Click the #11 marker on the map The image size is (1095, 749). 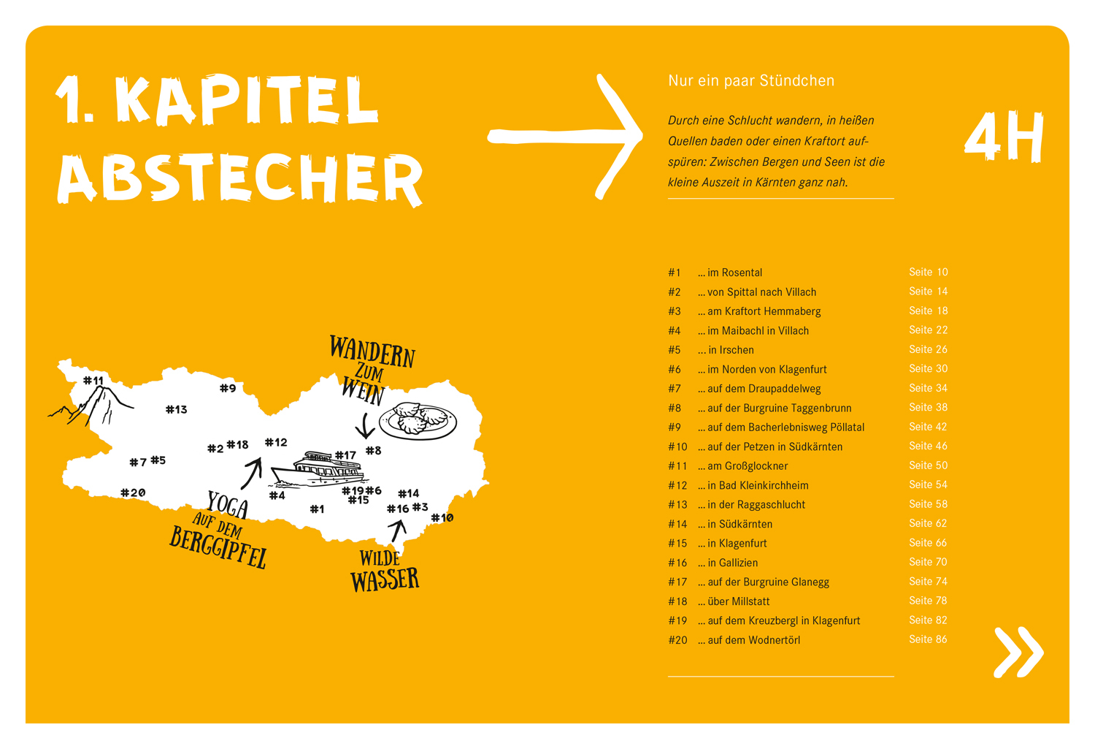tap(93, 380)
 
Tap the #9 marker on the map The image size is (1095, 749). tap(228, 388)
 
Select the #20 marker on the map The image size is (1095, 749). tap(133, 493)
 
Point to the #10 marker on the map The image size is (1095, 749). tap(442, 517)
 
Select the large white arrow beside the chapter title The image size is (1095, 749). tap(565, 137)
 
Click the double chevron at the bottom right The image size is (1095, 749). tap(1019, 652)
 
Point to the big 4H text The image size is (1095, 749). tap(1004, 137)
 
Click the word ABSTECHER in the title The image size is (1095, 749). tap(239, 178)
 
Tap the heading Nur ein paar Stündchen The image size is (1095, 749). tap(751, 80)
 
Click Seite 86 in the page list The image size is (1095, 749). tap(928, 639)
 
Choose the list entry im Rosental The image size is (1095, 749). tap(730, 273)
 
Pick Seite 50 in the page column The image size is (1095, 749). tap(928, 465)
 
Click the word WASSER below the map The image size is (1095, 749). tap(385, 579)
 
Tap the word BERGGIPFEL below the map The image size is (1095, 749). tap(218, 547)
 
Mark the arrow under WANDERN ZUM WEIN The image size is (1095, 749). tap(365, 425)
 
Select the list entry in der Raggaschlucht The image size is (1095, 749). tap(751, 504)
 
